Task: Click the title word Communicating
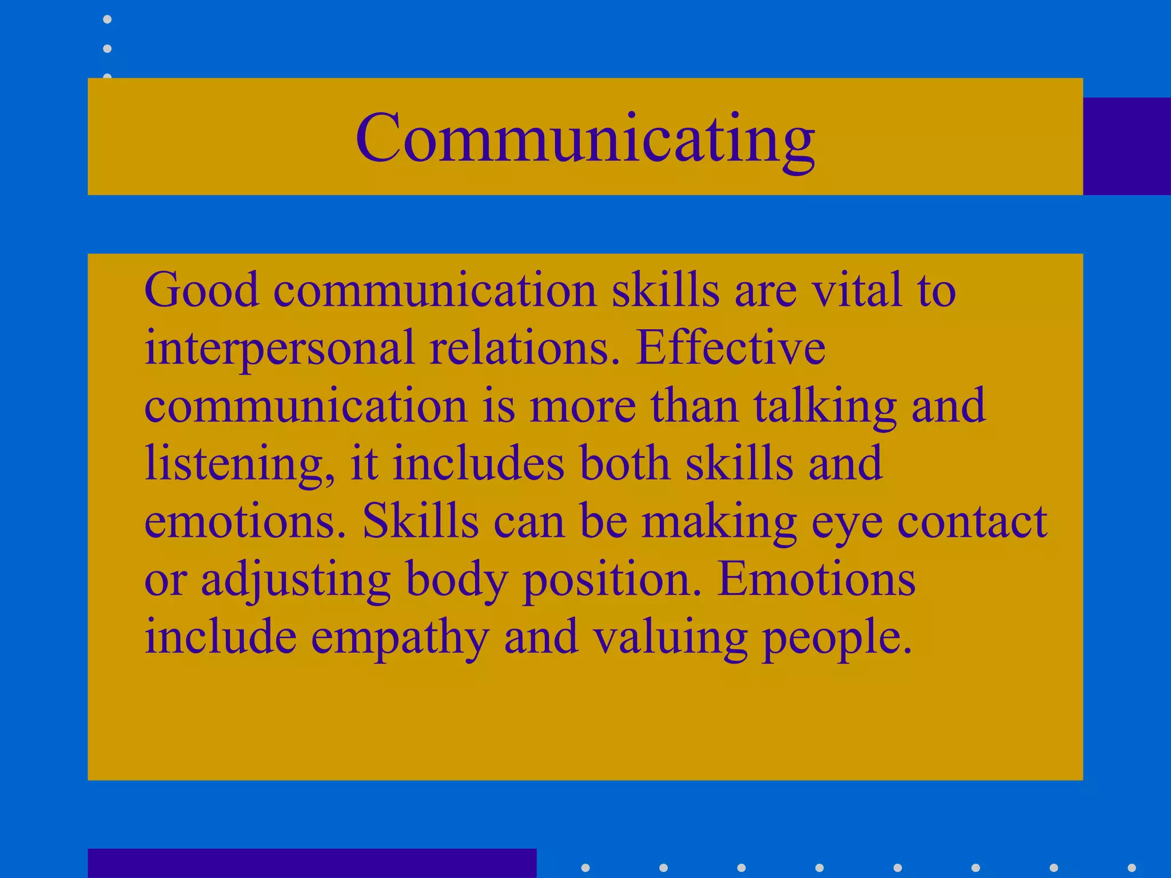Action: (585, 138)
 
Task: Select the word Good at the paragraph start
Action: (201, 290)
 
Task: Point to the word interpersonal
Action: (279, 349)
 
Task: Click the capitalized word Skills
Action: (420, 521)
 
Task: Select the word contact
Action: (971, 521)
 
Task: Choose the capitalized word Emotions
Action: (816, 580)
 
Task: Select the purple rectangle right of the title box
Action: (1126, 146)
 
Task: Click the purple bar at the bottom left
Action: (312, 863)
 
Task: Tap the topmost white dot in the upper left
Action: (107, 19)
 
